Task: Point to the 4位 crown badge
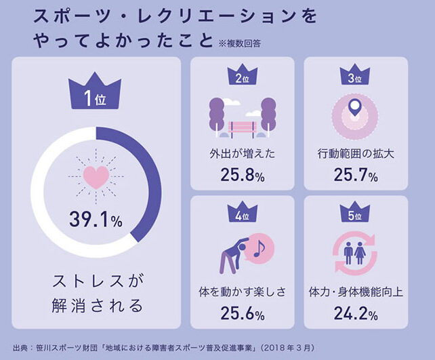(x=242, y=215)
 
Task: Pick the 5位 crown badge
(x=354, y=215)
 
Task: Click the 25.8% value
(x=242, y=176)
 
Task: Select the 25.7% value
(x=355, y=176)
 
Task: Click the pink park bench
(x=242, y=126)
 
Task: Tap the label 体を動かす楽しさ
(x=242, y=292)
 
